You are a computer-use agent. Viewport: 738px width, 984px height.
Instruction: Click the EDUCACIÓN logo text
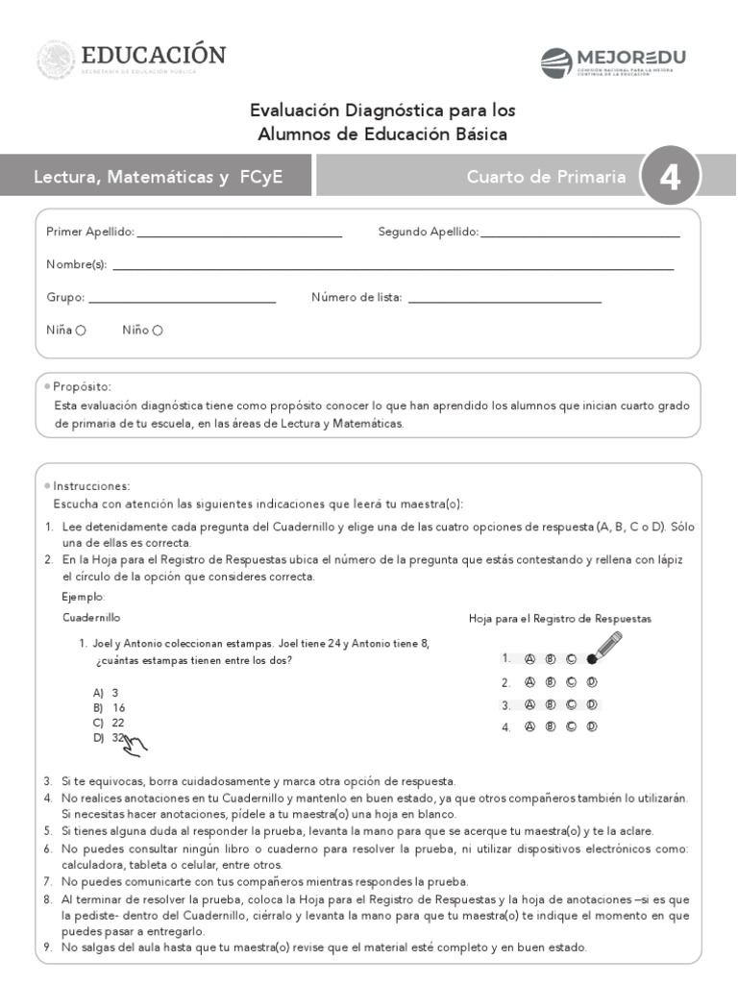point(154,55)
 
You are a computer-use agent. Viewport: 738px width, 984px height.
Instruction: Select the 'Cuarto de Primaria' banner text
point(546,177)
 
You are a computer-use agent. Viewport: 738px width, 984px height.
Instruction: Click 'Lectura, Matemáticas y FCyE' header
point(158,177)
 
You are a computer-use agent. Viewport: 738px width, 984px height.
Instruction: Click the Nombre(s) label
point(76,265)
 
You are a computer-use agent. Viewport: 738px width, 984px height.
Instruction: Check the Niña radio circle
point(81,331)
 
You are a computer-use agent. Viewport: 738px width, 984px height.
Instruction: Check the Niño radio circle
point(158,331)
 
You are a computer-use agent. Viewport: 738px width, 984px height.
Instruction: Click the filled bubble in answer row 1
point(592,659)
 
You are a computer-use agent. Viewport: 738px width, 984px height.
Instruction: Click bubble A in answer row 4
point(529,727)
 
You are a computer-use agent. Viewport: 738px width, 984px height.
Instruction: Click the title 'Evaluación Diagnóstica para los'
point(382,111)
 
